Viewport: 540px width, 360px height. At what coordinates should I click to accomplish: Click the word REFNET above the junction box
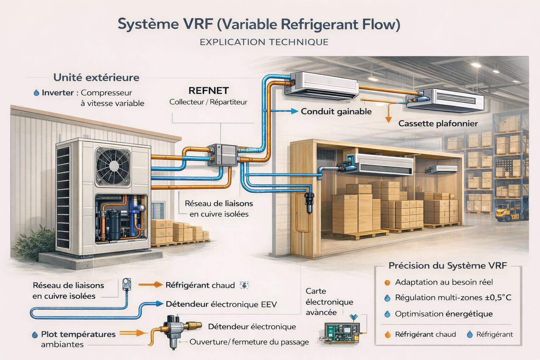point(208,91)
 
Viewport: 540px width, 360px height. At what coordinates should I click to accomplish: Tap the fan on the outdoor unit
point(113,166)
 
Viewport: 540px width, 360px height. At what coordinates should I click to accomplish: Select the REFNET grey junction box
point(223,155)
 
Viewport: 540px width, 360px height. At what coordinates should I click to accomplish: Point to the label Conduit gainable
point(336,112)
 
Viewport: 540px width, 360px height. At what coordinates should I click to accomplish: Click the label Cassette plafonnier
point(438,123)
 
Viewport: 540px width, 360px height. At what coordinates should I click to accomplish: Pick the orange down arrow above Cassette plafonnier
point(388,117)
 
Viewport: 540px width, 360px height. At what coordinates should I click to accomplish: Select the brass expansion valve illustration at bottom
point(176,330)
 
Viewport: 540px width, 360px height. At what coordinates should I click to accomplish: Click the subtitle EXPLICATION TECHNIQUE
point(264,42)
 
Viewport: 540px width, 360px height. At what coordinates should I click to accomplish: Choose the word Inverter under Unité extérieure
point(58,93)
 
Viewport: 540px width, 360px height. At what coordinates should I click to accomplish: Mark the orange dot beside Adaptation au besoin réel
point(387,282)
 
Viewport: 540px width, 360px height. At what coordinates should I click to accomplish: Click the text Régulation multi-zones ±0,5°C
point(453,298)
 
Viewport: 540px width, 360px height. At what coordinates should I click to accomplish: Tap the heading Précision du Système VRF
point(448,266)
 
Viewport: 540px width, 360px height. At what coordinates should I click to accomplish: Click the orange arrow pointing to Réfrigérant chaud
point(150,285)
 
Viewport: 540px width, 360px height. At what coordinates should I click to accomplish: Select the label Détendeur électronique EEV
point(221,304)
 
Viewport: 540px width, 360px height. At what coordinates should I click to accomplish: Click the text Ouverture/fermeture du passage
point(249,342)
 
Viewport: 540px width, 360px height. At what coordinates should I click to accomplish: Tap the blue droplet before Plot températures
point(35,335)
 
